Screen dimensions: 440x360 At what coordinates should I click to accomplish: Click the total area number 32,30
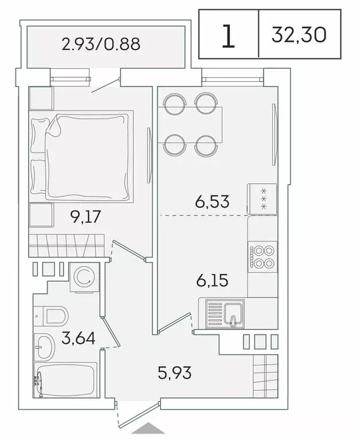click(300, 35)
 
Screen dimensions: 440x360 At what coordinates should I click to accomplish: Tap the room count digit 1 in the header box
click(228, 36)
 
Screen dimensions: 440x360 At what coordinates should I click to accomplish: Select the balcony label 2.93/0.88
click(101, 44)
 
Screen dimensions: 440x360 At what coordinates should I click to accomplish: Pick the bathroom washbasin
click(44, 345)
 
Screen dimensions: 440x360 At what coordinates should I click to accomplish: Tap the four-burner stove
click(263, 257)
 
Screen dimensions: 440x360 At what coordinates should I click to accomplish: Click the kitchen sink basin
click(233, 314)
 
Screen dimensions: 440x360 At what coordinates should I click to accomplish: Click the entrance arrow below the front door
click(148, 429)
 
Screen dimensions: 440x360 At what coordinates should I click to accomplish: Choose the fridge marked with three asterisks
click(263, 198)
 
